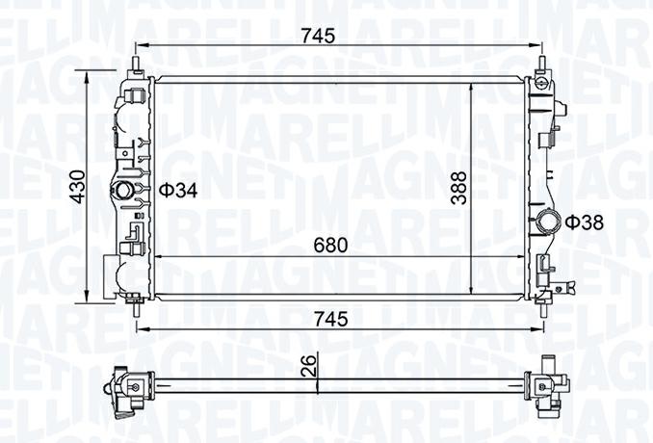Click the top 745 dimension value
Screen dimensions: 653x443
(x=319, y=36)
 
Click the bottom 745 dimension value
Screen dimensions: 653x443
(x=330, y=319)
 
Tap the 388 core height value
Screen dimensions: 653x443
(x=459, y=188)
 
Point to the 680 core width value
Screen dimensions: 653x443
(x=330, y=246)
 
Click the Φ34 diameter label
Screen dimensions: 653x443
(x=178, y=191)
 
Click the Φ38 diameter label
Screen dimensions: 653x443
(x=585, y=222)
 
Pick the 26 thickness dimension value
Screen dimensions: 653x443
(x=311, y=364)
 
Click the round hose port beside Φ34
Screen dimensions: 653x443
(x=123, y=191)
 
